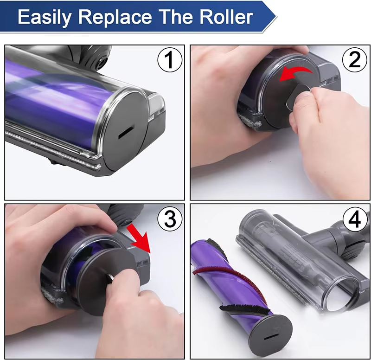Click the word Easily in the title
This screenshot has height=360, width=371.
click(45, 17)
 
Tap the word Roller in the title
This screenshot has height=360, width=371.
click(224, 17)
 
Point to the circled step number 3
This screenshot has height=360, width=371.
click(169, 219)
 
